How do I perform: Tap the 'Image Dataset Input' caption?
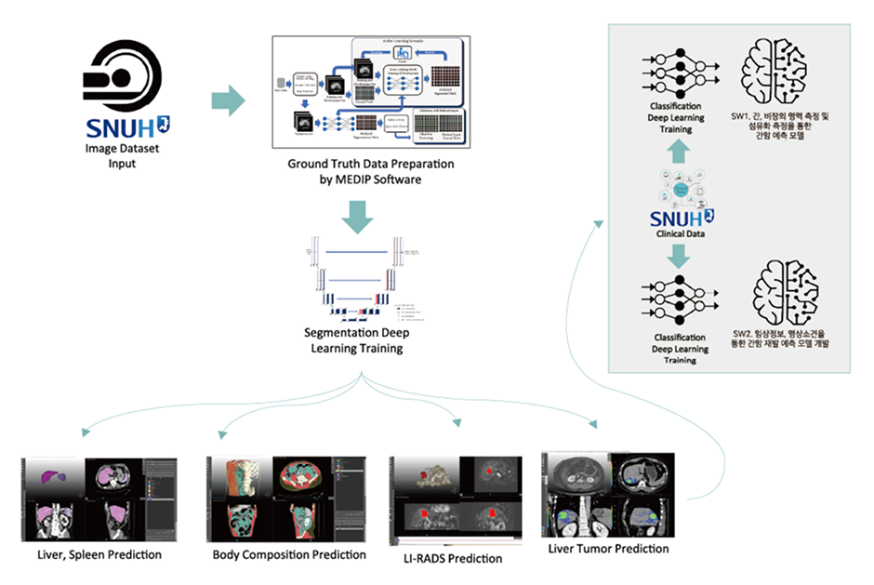(x=122, y=155)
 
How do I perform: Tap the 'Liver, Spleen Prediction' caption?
(x=93, y=554)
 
